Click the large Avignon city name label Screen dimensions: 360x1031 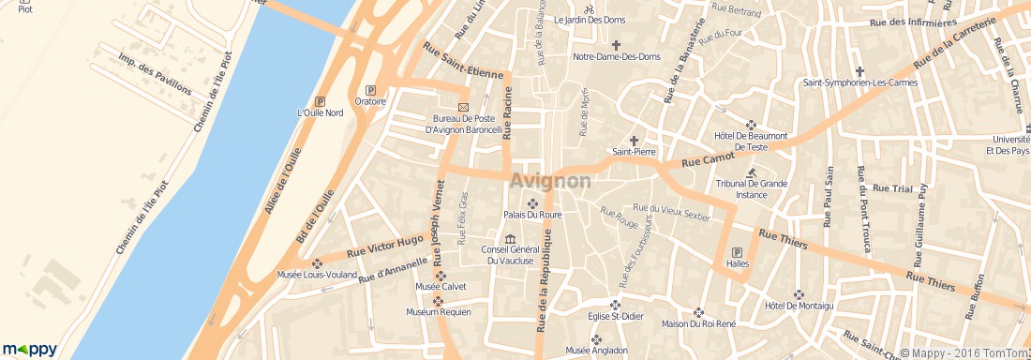[x=551, y=180]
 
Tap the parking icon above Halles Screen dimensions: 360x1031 [x=737, y=252]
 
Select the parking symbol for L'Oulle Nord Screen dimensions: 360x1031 [x=321, y=101]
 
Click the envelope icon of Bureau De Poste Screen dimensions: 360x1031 [x=462, y=108]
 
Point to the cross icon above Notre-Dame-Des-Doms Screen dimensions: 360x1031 [x=616, y=45]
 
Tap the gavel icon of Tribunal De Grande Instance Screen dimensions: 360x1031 [x=752, y=172]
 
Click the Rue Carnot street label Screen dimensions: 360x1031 [x=706, y=162]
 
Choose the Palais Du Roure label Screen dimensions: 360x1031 [x=532, y=215]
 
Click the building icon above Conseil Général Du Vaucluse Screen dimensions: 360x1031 [x=510, y=238]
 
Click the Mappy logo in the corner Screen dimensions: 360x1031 [x=29, y=349]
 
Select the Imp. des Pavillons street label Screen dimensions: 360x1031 [x=155, y=75]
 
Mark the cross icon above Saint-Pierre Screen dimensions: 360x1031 [x=634, y=140]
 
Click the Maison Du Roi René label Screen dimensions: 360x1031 [x=698, y=324]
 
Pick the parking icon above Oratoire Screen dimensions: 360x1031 [x=371, y=90]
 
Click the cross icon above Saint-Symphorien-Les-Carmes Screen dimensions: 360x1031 [x=859, y=70]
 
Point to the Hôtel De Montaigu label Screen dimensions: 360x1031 [x=799, y=306]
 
